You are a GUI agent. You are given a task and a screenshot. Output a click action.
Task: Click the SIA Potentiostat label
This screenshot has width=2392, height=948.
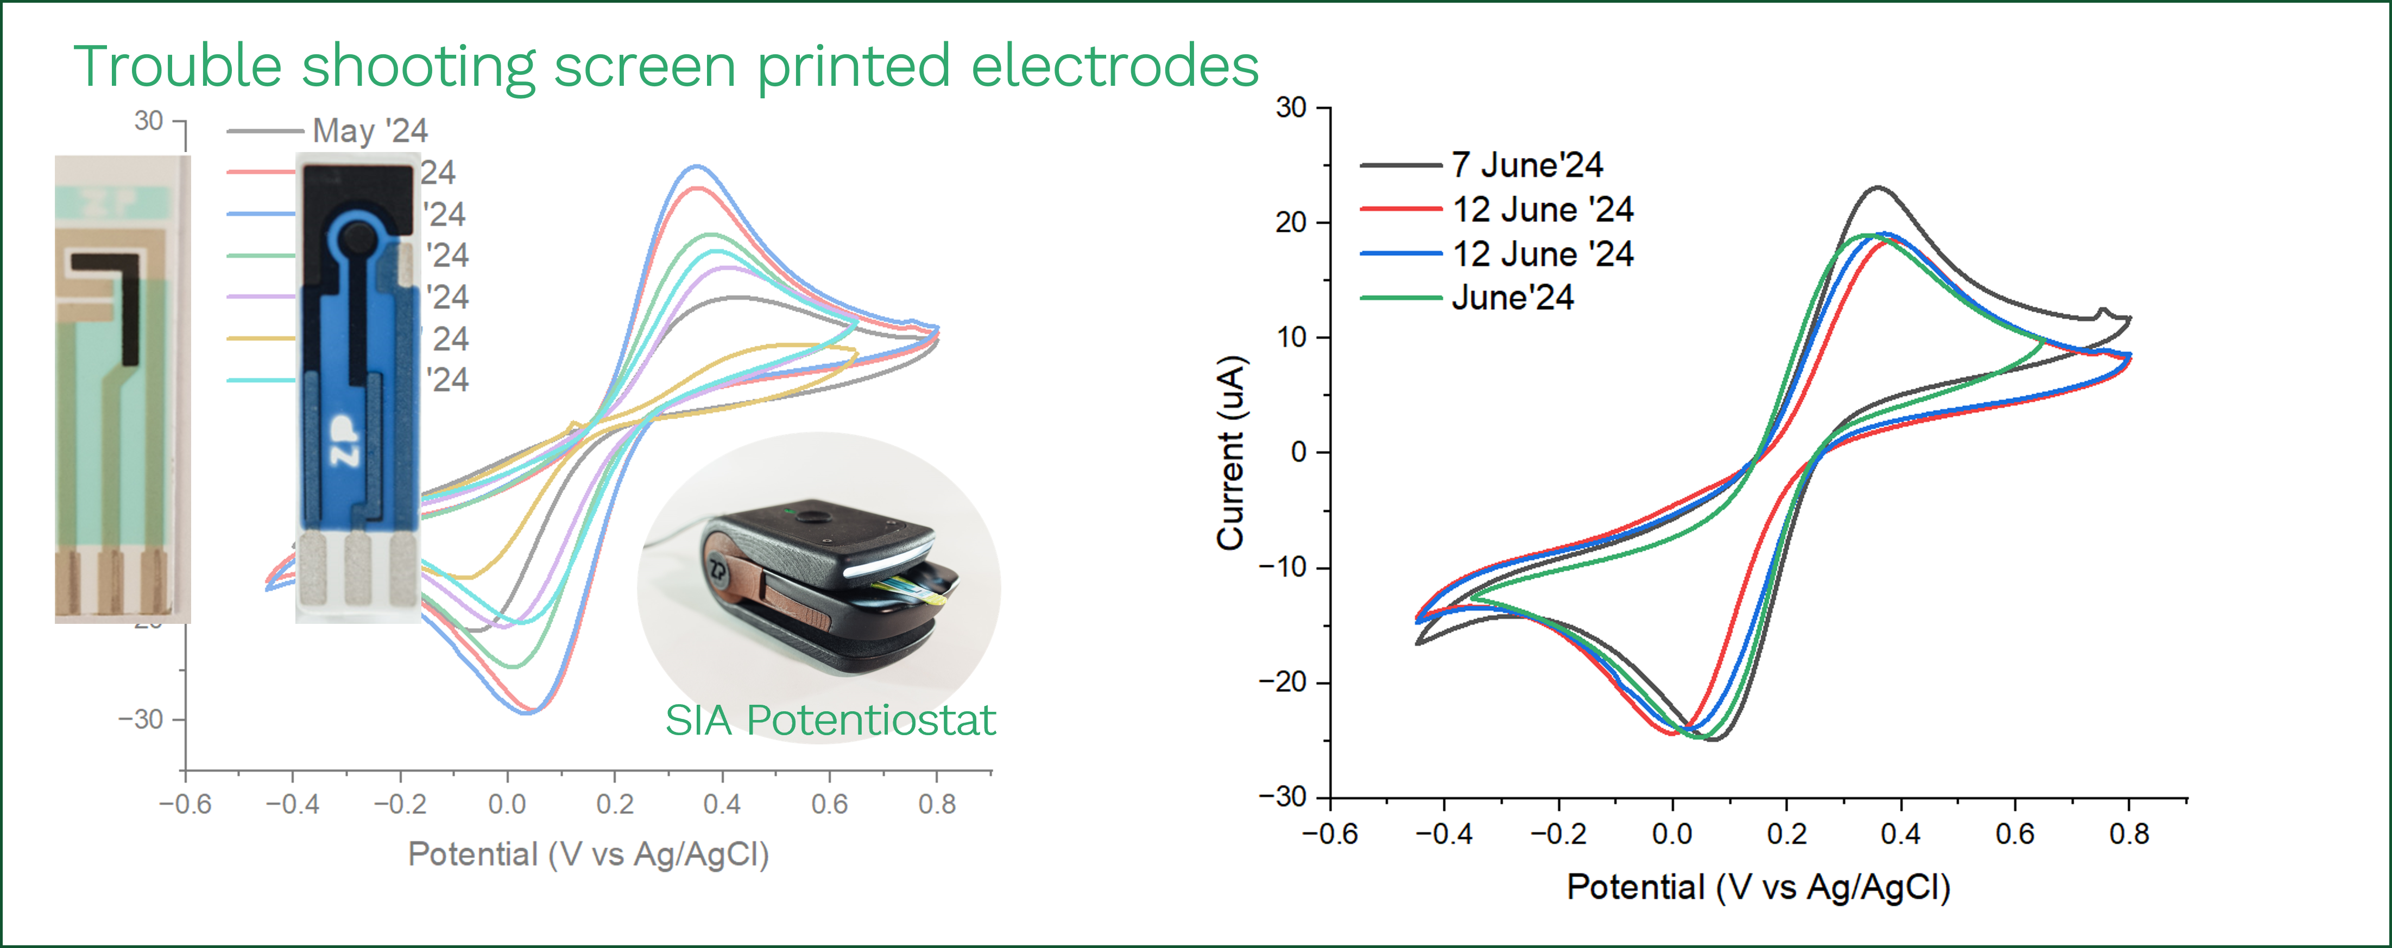pos(829,721)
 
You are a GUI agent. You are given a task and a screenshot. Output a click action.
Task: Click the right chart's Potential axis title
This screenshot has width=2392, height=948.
pos(1758,887)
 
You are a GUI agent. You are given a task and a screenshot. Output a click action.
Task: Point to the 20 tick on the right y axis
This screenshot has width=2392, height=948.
pos(1291,223)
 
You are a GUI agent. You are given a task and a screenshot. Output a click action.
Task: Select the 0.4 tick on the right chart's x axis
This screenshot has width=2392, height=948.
pos(1900,834)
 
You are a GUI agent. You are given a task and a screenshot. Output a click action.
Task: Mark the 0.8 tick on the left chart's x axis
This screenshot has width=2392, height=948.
pos(936,804)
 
